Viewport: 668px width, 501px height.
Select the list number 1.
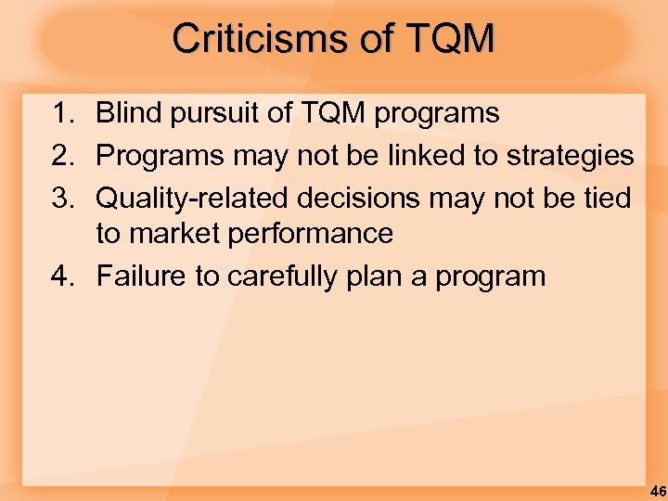click(x=63, y=114)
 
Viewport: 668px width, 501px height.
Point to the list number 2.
click(x=63, y=156)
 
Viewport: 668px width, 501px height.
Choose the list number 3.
click(x=63, y=198)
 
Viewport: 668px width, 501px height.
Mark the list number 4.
click(x=63, y=276)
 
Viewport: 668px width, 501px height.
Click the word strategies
click(x=570, y=156)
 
